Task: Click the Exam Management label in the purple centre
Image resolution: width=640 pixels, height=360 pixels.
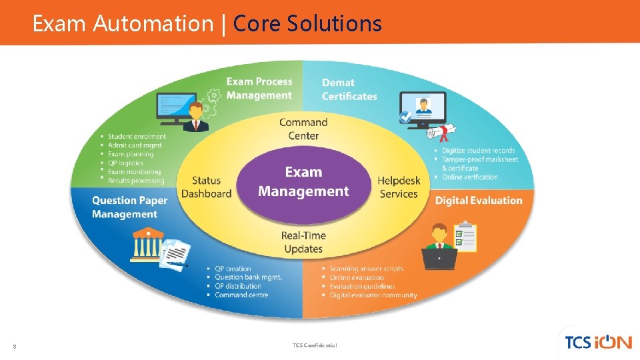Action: (x=303, y=182)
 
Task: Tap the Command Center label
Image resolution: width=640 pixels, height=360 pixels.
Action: (x=303, y=129)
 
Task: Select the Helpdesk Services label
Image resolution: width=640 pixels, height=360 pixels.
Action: (x=399, y=187)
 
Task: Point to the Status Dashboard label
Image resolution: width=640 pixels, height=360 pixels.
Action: (x=206, y=187)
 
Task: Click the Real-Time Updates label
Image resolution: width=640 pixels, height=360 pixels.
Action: (x=303, y=242)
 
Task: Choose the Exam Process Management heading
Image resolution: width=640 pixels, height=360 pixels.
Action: (x=259, y=89)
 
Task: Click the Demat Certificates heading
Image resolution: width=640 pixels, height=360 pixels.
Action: (x=349, y=89)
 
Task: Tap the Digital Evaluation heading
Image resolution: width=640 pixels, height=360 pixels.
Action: (x=479, y=201)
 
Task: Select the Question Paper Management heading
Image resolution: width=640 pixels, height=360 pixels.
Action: (x=129, y=207)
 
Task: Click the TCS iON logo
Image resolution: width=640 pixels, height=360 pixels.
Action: (x=598, y=342)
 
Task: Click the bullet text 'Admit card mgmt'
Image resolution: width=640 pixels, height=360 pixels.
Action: (x=135, y=145)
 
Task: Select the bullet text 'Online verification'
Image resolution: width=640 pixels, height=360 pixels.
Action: (x=469, y=177)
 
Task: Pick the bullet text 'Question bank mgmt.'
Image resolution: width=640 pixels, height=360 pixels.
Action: (x=248, y=277)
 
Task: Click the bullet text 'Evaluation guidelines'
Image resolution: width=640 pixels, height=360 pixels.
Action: (x=362, y=287)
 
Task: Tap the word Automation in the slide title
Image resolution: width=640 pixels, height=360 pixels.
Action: (x=153, y=24)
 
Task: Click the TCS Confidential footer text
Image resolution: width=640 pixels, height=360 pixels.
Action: (x=315, y=345)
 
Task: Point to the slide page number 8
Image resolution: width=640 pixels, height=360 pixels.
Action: (x=15, y=345)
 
